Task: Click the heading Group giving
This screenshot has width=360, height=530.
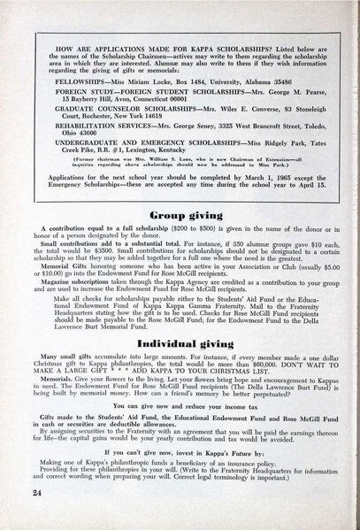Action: click(180, 213)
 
